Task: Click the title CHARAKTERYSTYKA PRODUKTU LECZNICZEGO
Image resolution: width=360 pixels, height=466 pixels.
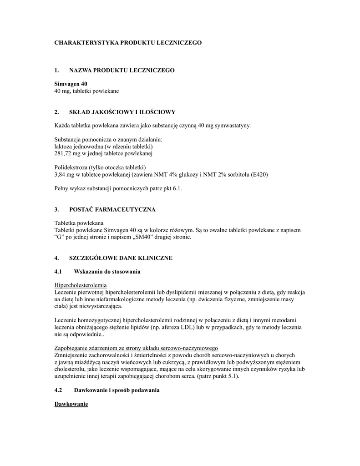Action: click(x=128, y=42)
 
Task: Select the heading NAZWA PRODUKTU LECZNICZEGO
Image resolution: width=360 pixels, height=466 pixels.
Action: click(x=122, y=71)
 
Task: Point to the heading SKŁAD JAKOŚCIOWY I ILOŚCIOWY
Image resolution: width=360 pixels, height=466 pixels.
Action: click(x=122, y=112)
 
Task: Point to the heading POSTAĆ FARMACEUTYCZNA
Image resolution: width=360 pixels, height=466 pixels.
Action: click(x=112, y=209)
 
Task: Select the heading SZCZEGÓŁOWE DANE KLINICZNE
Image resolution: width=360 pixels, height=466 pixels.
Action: click(x=120, y=258)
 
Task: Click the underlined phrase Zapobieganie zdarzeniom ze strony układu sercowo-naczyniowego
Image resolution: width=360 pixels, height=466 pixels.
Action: click(x=136, y=348)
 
